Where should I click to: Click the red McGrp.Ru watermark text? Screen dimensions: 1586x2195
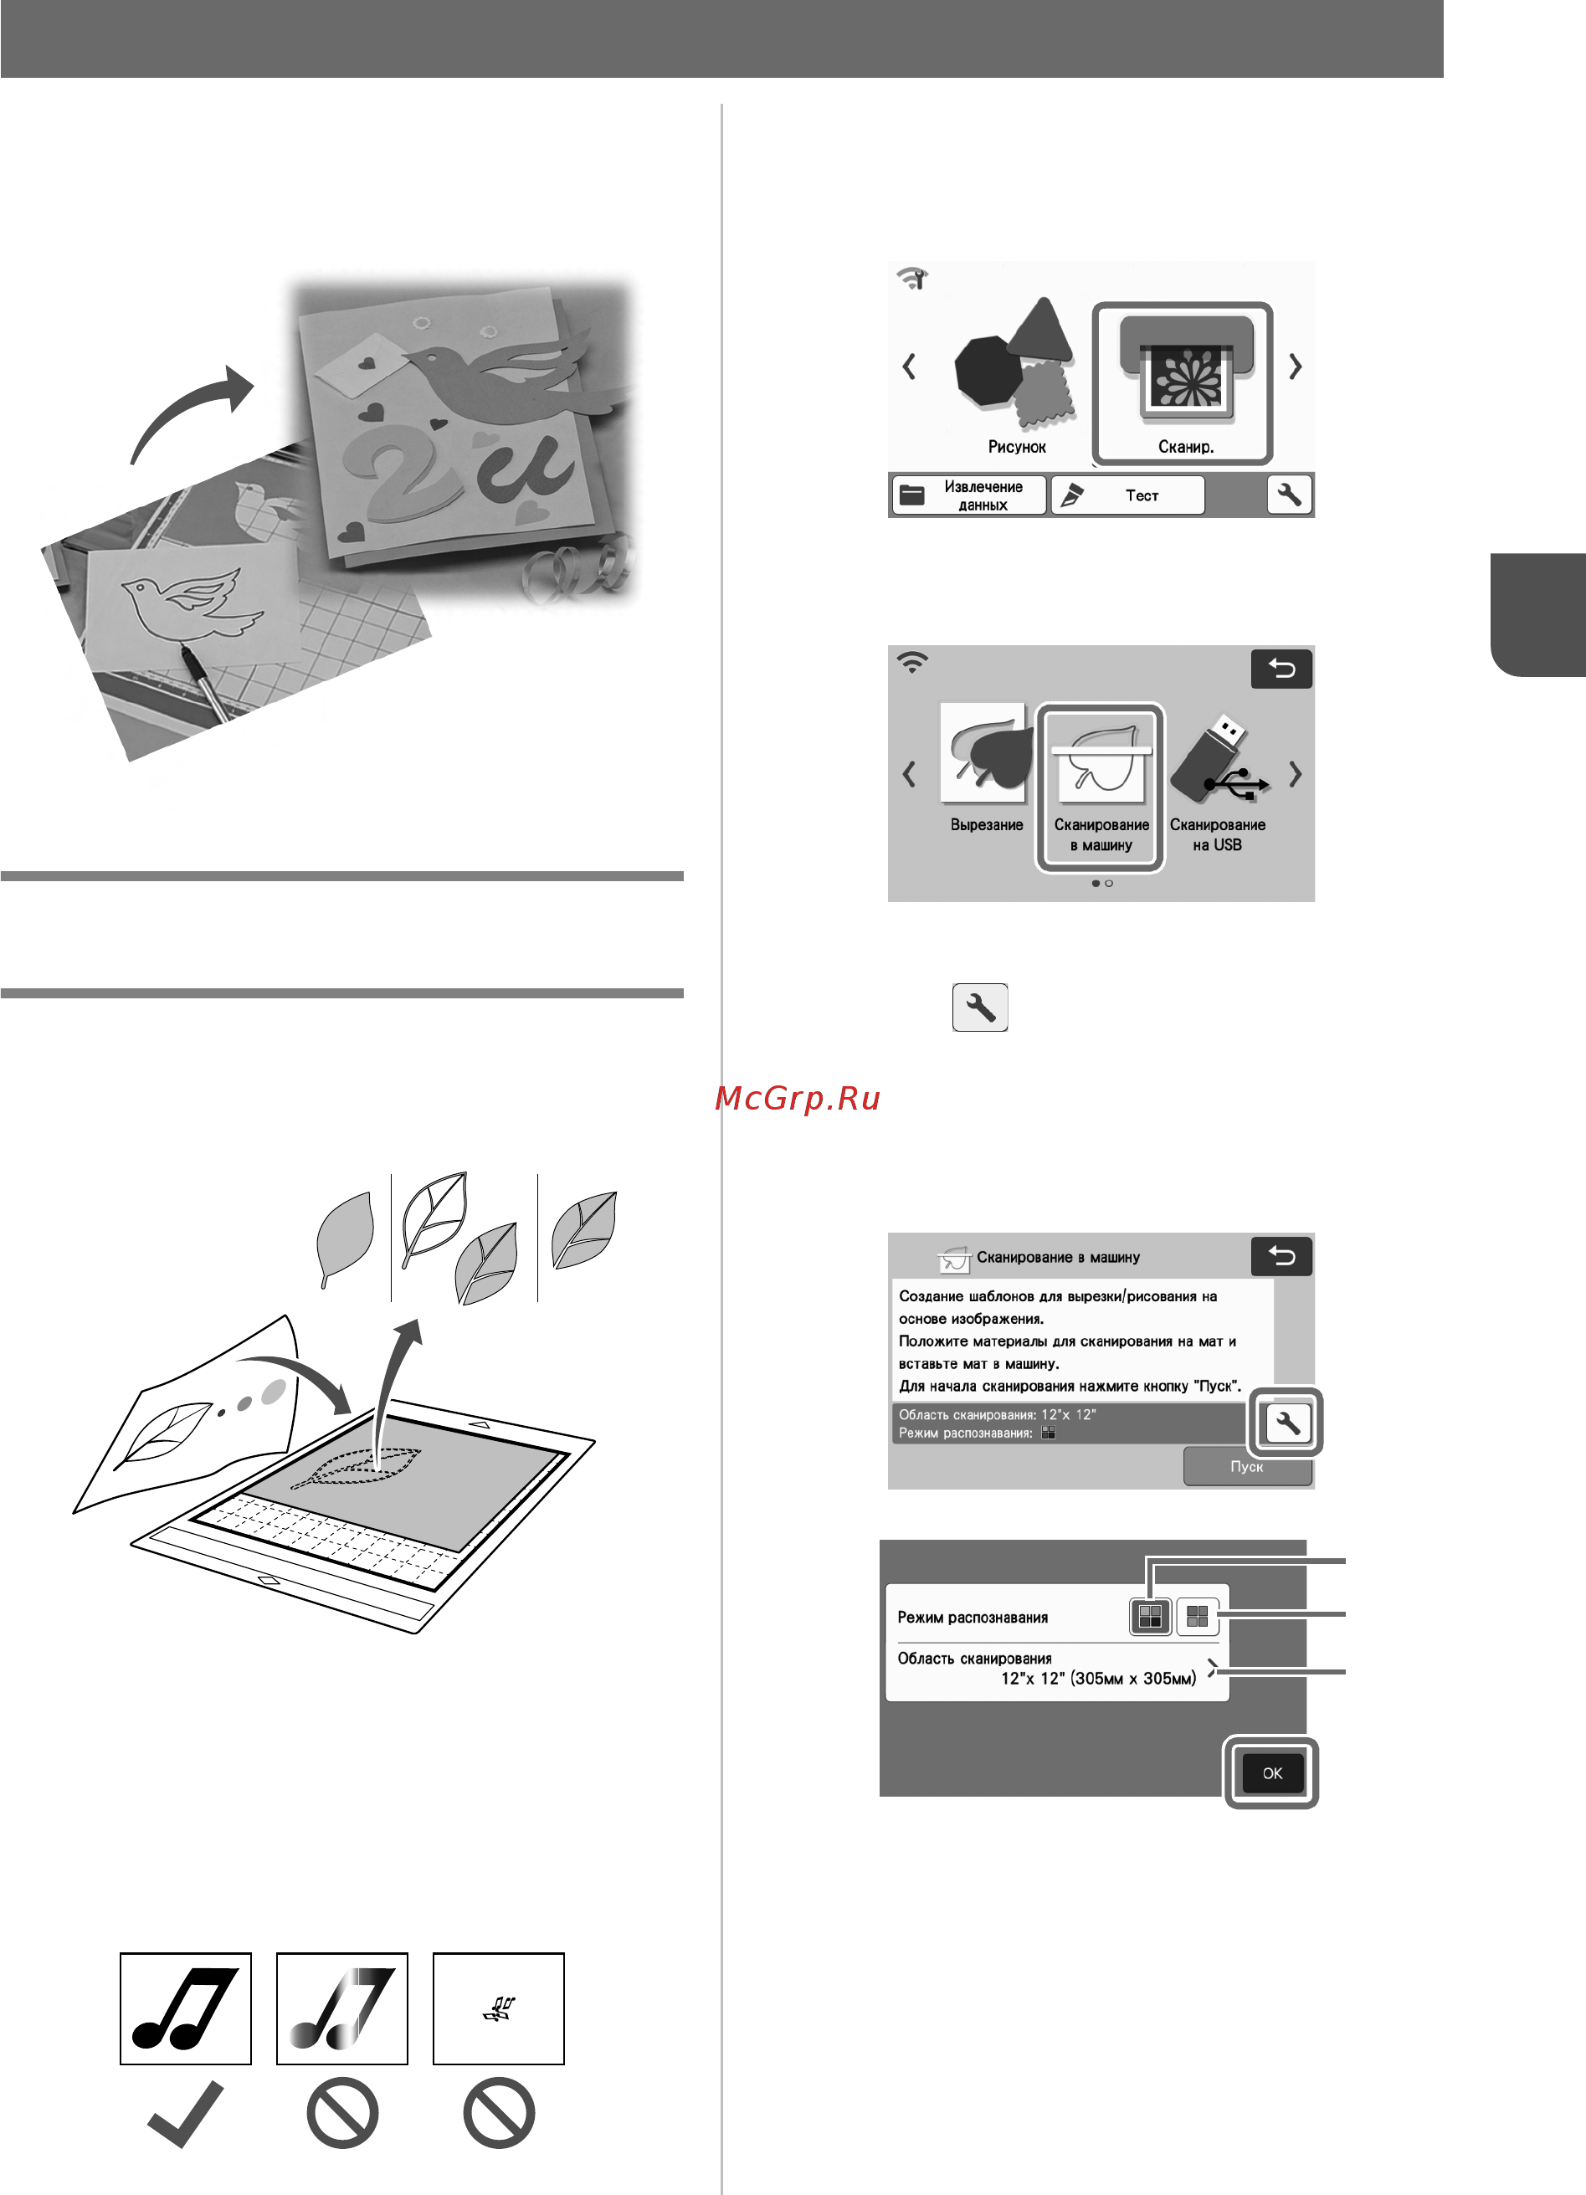pyautogui.click(x=798, y=1098)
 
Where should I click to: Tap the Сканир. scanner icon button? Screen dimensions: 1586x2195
pyautogui.click(x=1182, y=383)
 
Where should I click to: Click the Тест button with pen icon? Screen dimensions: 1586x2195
pyautogui.click(x=1127, y=495)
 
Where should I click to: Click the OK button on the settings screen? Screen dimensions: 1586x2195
pyautogui.click(x=1271, y=1773)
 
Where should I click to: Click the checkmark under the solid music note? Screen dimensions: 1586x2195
pyautogui.click(x=185, y=2115)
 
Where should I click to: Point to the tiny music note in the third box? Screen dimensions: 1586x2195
pyautogui.click(x=498, y=2010)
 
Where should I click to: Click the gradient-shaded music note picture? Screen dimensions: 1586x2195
pyautogui.click(x=341, y=2008)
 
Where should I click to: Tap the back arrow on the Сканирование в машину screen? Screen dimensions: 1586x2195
pyautogui.click(x=1281, y=1256)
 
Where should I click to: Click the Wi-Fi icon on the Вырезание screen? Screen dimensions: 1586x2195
pyautogui.click(x=911, y=663)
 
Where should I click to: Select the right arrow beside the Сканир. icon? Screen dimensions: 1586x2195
pyautogui.click(x=1295, y=367)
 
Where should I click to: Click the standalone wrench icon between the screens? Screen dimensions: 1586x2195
pyautogui.click(x=980, y=1008)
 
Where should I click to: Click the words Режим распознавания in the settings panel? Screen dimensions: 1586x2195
pyautogui.click(x=973, y=1618)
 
